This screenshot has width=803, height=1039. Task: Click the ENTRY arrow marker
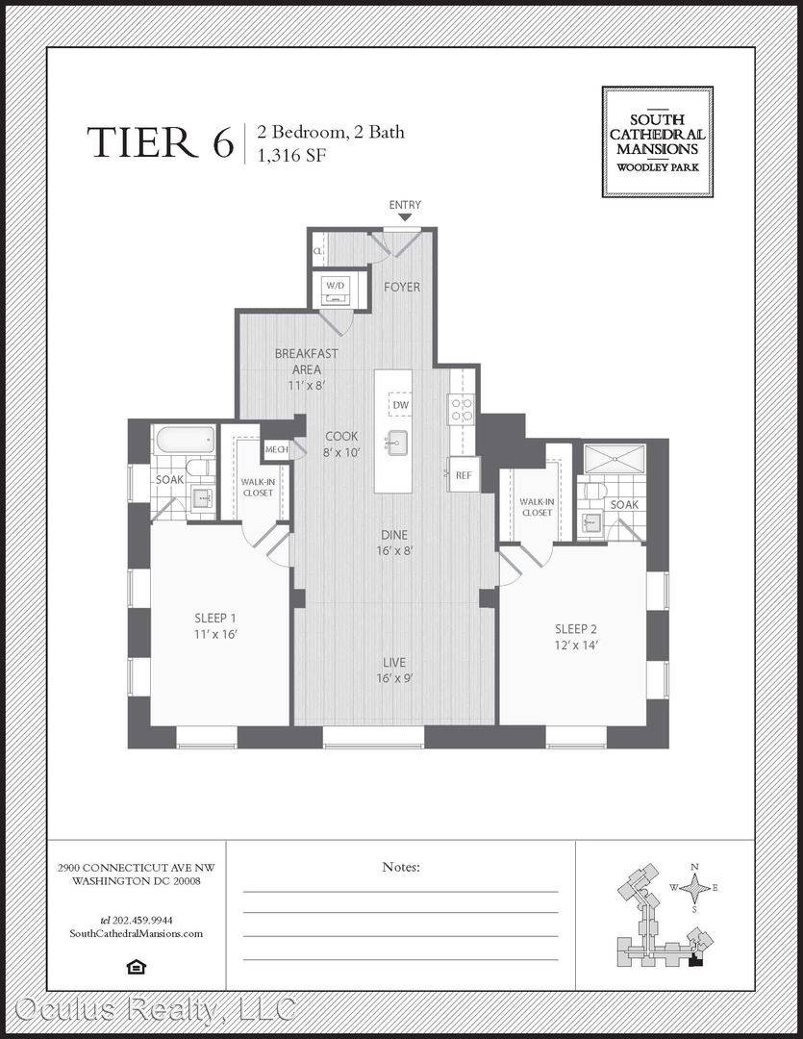pos(405,217)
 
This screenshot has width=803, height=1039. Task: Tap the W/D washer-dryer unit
pos(336,289)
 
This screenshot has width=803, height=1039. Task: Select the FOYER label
pos(402,287)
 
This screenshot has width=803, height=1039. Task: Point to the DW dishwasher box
pos(401,404)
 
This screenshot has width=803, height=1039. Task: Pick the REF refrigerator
pos(464,474)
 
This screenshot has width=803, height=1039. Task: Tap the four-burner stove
pos(462,409)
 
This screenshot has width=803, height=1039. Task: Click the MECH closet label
pos(276,449)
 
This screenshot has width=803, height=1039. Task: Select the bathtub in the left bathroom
pos(185,440)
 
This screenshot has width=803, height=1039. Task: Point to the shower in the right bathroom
pos(615,458)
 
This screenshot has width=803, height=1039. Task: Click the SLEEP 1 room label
pos(215,618)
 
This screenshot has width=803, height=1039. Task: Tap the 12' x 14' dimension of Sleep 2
pos(576,645)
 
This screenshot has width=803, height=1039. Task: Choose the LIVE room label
pos(394,662)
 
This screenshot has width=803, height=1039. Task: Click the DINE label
pos(394,535)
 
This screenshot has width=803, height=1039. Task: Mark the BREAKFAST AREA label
pos(306,361)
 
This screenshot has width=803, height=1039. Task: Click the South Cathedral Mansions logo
pos(657,141)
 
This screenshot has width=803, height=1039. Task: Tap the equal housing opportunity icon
pos(136,967)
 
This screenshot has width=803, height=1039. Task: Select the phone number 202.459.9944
pos(143,920)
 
